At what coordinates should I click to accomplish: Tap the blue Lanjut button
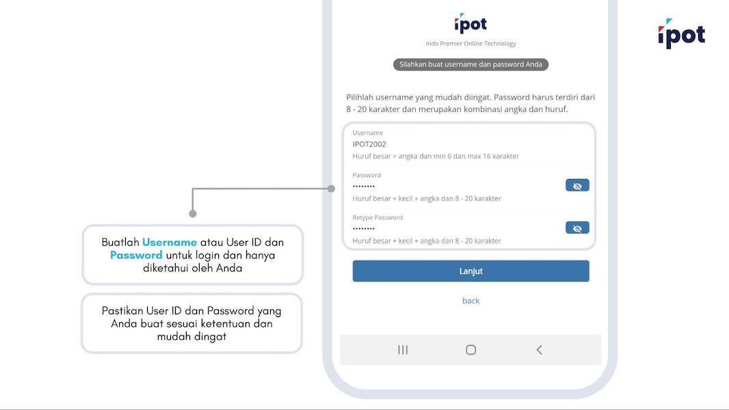coord(470,271)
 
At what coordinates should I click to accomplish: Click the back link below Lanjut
coord(470,301)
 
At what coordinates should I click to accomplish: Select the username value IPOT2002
coord(369,144)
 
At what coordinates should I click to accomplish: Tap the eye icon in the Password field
coord(577,186)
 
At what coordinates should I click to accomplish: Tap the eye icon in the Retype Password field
coord(577,228)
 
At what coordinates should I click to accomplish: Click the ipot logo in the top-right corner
coord(681,34)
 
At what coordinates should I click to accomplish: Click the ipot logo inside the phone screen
coord(470,24)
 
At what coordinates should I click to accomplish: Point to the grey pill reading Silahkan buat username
coord(470,64)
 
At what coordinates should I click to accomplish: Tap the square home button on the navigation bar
coord(470,350)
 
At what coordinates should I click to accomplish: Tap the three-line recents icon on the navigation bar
coord(403,350)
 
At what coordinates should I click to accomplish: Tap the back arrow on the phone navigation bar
coord(539,350)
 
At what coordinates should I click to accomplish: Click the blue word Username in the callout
coord(170,243)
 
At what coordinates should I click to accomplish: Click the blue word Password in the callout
coord(136,255)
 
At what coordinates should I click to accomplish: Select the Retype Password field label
coord(377,217)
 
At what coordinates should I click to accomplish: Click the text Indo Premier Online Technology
coord(470,44)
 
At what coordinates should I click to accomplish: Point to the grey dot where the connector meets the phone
coord(332,188)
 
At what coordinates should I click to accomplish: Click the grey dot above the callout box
coord(193,214)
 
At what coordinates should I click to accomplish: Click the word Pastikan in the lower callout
coord(122,311)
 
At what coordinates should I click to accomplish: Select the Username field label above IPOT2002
coord(368,133)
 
